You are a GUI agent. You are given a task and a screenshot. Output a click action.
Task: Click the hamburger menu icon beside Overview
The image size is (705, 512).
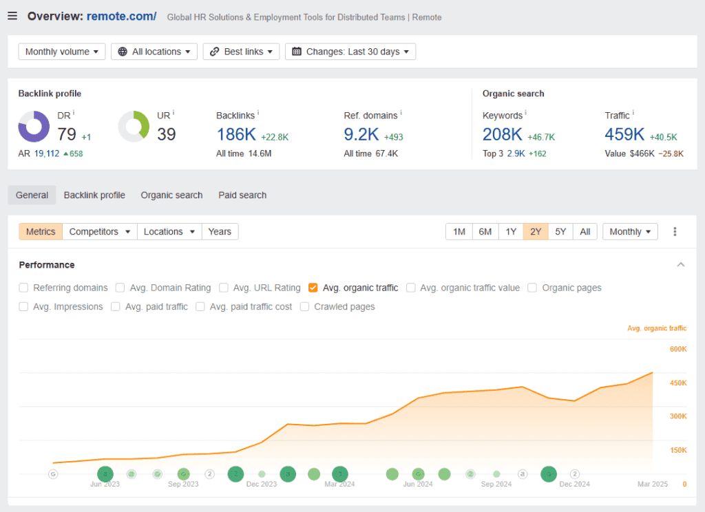[x=12, y=16]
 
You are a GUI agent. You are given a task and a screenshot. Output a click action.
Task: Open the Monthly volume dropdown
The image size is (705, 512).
[x=61, y=52]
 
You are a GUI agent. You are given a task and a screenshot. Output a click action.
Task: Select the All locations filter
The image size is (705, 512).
[x=154, y=52]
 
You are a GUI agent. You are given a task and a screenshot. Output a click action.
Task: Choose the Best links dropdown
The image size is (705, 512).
[x=241, y=52]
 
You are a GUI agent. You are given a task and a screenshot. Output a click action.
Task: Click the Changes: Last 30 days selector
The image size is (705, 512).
[x=350, y=52]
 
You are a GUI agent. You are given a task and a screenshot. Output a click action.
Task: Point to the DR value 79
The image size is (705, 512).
[x=67, y=134]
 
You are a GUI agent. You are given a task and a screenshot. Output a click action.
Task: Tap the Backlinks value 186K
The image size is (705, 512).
[x=236, y=134]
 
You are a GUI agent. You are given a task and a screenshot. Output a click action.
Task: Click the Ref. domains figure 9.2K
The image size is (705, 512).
[x=361, y=134]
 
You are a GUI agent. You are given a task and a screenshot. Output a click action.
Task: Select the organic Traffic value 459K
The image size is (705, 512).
[x=624, y=134]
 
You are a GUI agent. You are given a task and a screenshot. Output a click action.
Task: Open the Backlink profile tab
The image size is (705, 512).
[x=94, y=195]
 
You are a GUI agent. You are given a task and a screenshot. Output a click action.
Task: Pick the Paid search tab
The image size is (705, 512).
[x=242, y=195]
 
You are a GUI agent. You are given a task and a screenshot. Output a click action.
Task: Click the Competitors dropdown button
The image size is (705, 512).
[x=100, y=232]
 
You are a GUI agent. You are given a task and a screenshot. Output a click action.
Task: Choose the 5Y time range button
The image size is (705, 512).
[x=560, y=232]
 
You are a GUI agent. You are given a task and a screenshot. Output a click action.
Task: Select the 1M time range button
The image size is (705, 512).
[x=459, y=232]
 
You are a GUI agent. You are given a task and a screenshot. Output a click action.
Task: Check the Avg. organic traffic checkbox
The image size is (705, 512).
[x=313, y=288]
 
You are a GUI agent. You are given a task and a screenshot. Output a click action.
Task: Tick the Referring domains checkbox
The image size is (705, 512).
[x=24, y=288]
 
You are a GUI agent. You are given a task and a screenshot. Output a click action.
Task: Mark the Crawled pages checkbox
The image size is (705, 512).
[x=305, y=307]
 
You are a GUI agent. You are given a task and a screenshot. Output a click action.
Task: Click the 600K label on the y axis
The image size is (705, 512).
[x=678, y=349]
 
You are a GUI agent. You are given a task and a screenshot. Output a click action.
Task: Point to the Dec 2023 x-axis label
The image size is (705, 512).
[x=262, y=484]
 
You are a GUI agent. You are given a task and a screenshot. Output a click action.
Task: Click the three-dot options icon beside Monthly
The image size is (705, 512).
[x=675, y=232]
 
